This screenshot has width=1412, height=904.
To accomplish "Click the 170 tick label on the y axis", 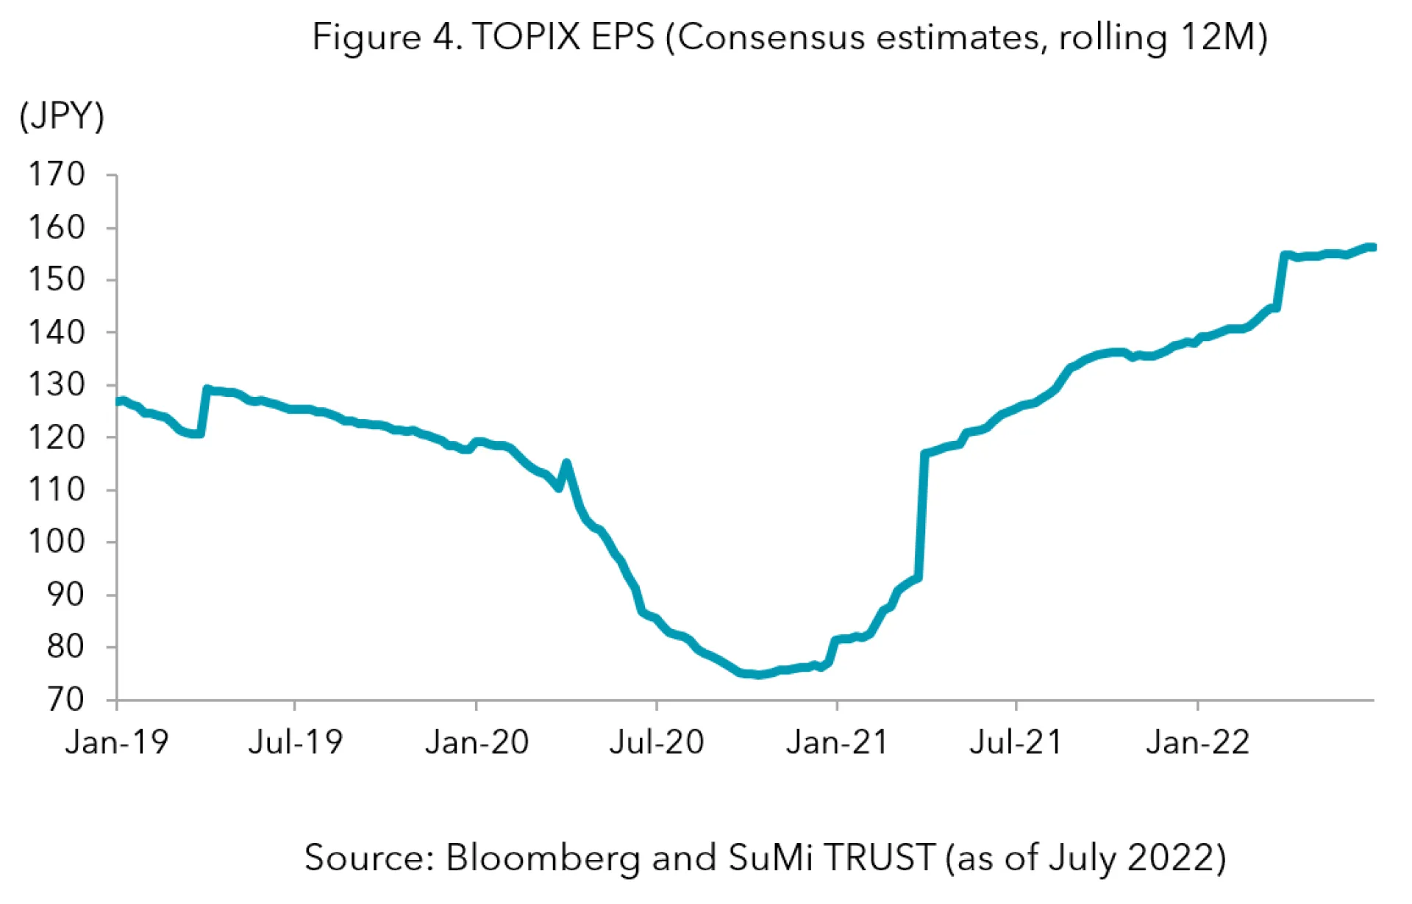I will coord(57,175).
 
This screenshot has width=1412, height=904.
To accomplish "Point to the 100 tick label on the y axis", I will coord(57,542).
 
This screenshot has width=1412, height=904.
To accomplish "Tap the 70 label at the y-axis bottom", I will coord(66,700).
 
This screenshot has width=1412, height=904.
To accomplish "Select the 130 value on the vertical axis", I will coord(57,384).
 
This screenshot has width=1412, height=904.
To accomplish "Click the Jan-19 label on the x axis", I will coord(117,742).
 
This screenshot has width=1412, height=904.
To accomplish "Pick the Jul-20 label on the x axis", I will coord(657,742).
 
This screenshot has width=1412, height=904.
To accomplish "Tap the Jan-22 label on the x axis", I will coord(1197,742).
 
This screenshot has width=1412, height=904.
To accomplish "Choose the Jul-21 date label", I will coord(1016,742).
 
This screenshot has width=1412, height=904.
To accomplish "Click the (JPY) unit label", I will coord(62,116).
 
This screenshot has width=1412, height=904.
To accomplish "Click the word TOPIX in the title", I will coord(527,37).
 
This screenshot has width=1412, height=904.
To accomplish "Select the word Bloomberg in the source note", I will coord(543,858).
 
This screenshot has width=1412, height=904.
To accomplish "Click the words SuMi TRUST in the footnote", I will coord(831,858).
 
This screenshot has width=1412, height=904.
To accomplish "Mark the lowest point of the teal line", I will coord(759,674).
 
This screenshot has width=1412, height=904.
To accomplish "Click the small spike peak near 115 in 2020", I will coord(566,463).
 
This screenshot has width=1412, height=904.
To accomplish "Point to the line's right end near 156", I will coord(1372,248).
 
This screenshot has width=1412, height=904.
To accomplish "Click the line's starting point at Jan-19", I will coord(119,401).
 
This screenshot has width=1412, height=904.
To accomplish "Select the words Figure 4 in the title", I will coord(385,37).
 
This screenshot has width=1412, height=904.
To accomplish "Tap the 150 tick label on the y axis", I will coord(57,279).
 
